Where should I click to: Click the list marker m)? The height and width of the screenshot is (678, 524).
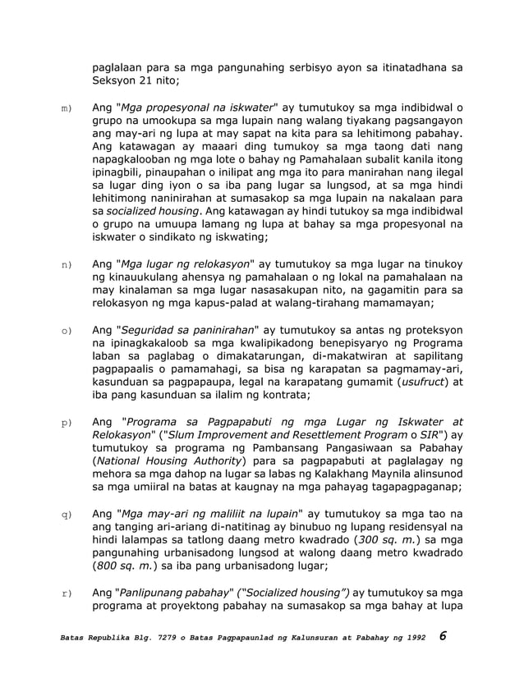click(66, 108)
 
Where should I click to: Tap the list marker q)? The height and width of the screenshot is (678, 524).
click(66, 515)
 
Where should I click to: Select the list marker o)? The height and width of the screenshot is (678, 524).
click(66, 331)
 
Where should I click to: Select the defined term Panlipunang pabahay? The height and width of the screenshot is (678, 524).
click(172, 592)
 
